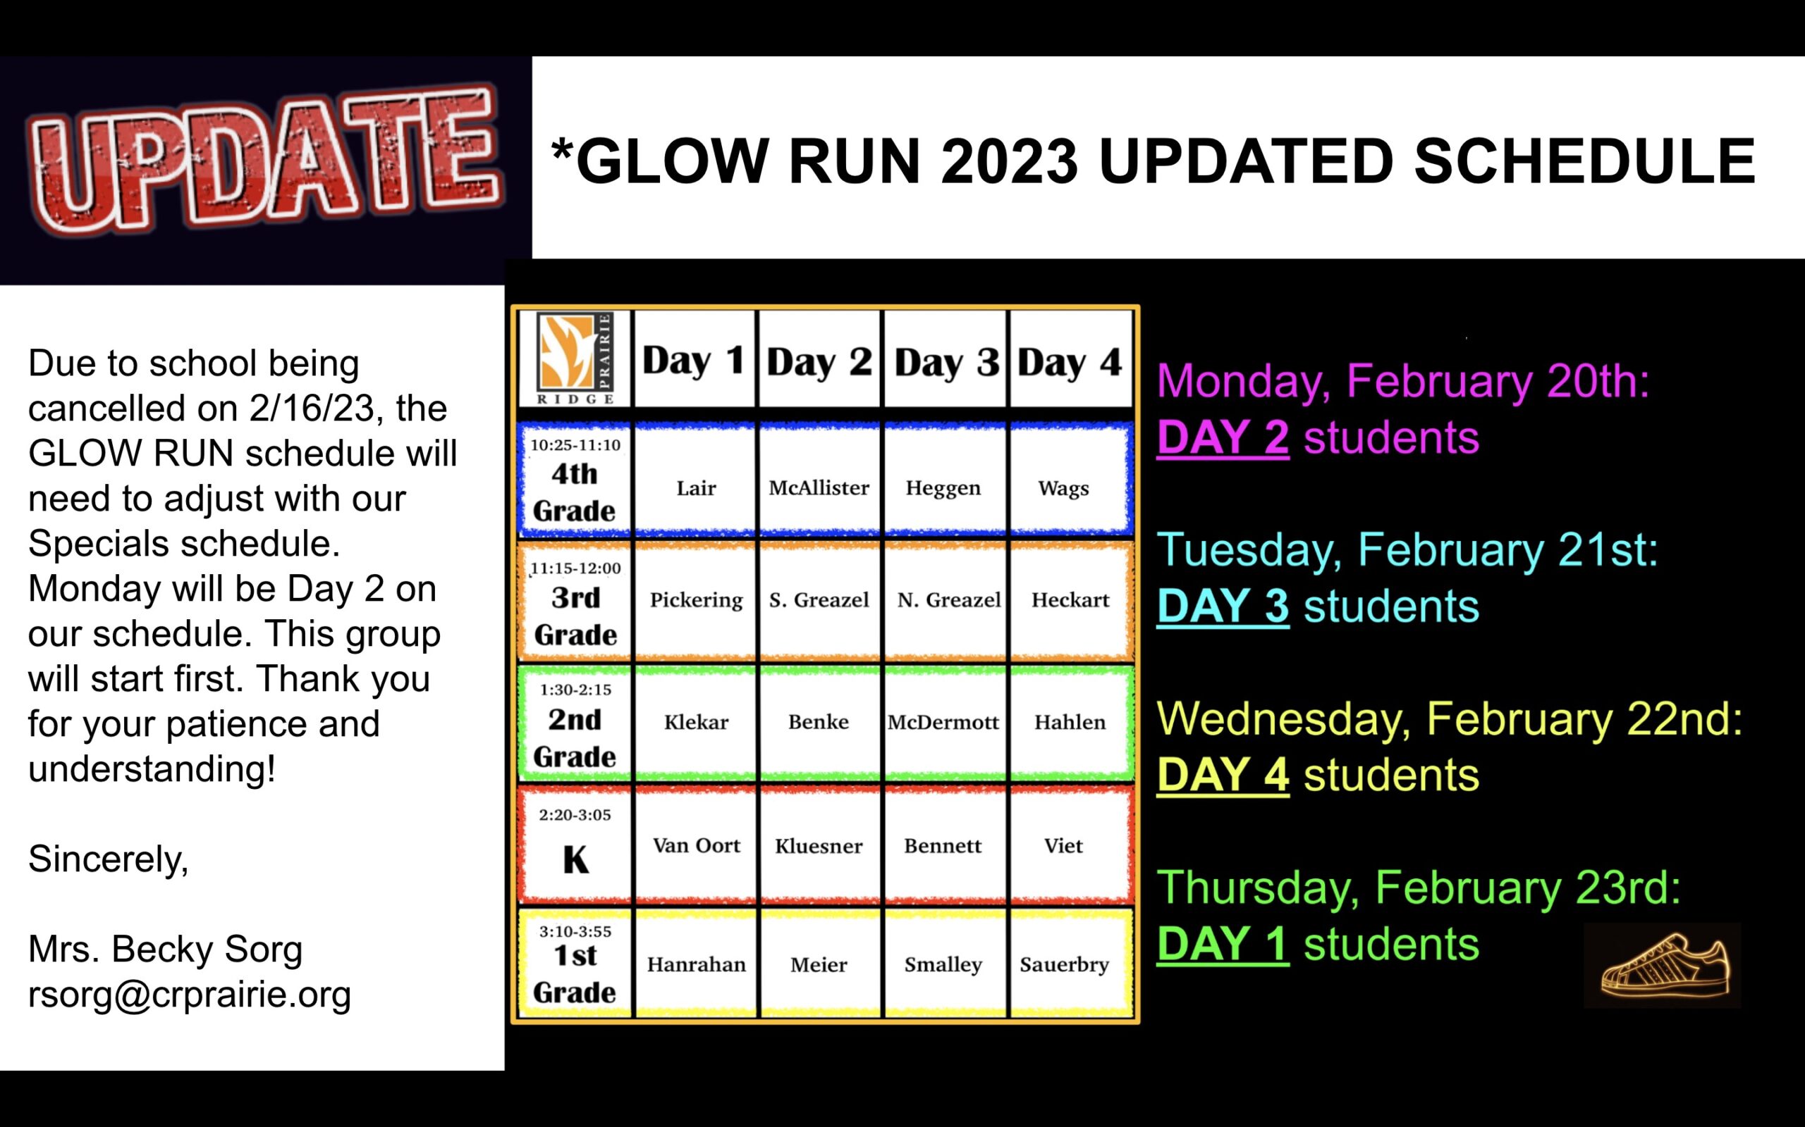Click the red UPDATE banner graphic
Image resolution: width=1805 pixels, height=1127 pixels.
[265, 161]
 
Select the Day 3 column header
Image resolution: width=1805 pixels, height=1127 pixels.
[946, 362]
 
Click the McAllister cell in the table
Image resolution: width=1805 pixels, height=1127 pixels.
[819, 488]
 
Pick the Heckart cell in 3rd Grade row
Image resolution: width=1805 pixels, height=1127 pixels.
[1070, 600]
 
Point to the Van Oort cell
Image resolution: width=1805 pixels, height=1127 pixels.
[697, 845]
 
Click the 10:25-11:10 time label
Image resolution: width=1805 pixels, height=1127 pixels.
[575, 445]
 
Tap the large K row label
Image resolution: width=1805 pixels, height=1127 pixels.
[575, 860]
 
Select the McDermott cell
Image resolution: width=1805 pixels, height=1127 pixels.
[943, 722]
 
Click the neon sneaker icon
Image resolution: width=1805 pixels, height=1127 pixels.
[1665, 965]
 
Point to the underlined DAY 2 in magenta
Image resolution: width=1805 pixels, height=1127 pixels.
[1223, 437]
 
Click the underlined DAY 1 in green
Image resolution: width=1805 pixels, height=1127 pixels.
[1223, 944]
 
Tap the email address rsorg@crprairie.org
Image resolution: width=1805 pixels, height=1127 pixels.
[190, 995]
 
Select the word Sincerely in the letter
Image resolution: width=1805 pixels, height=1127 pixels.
[108, 859]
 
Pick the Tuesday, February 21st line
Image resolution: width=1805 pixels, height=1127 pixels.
[1407, 550]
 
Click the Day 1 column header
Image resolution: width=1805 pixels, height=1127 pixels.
[694, 361]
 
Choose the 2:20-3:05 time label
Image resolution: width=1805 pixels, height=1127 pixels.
[575, 815]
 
